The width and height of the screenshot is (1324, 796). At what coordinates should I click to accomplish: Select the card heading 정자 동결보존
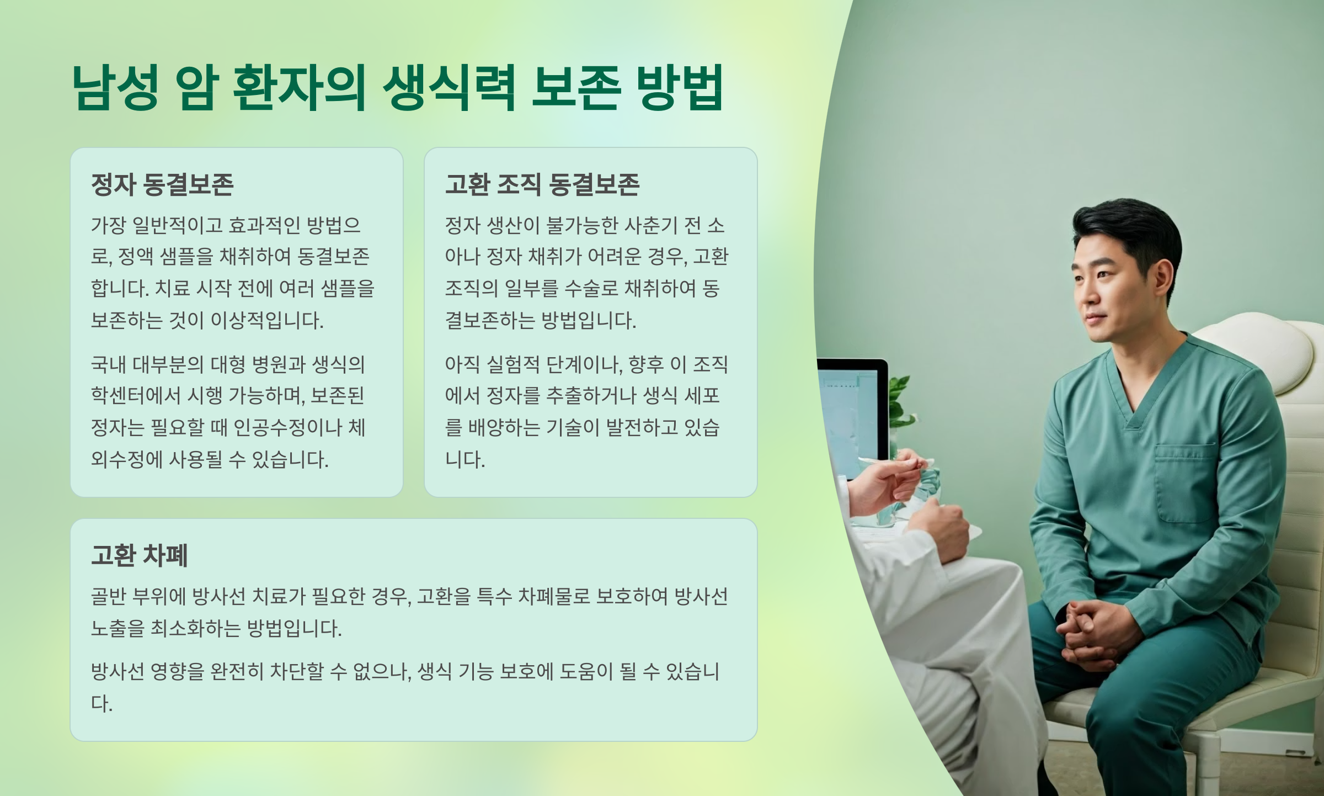point(162,184)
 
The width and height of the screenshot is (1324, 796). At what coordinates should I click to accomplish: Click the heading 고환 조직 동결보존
point(542,184)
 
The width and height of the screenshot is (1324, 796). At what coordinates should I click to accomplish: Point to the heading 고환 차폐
point(140,555)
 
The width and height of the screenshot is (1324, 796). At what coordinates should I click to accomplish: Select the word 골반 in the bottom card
point(109,597)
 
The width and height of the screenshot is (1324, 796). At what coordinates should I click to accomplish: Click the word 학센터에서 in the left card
point(136,395)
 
